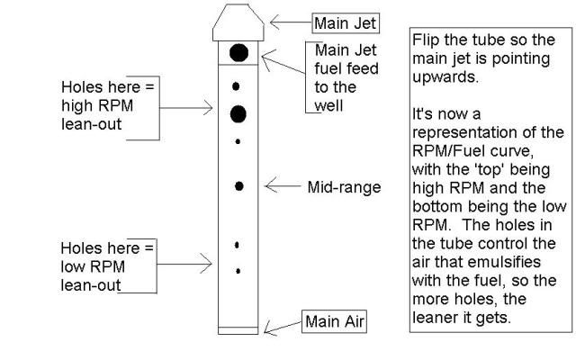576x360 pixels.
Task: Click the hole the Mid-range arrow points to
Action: [239, 185]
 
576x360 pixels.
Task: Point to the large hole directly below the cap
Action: [238, 53]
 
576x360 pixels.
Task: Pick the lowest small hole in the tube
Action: [238, 269]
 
